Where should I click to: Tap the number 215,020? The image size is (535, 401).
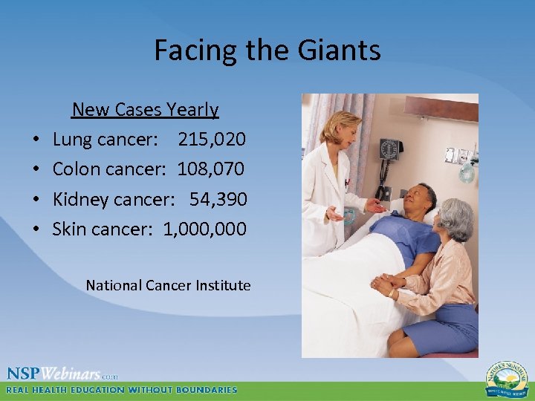tap(212, 139)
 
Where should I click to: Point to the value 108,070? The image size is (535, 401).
tap(210, 169)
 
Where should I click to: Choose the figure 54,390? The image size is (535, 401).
tap(218, 198)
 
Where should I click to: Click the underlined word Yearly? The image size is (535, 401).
tap(192, 110)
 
